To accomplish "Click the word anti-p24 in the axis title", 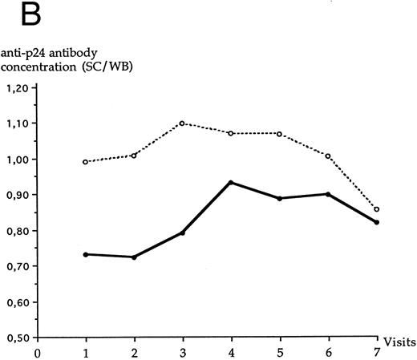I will click(x=30, y=51).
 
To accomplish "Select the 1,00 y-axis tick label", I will click(x=19, y=160).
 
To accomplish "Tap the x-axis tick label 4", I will click(x=231, y=350).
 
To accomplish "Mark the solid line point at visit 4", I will click(x=231, y=183).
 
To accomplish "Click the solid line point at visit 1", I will click(x=86, y=254).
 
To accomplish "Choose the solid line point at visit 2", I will click(x=134, y=257).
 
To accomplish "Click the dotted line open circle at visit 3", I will click(x=183, y=123).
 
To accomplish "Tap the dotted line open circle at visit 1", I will click(x=86, y=162).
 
